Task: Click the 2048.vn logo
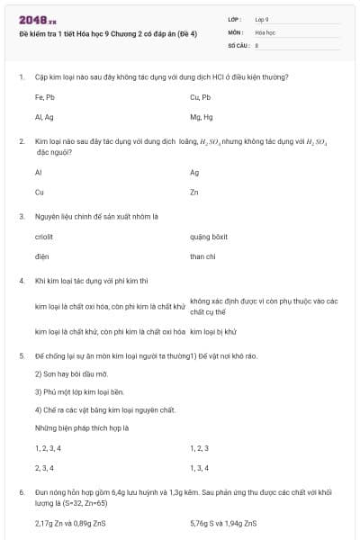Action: coord(37,20)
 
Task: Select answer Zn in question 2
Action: coord(194,192)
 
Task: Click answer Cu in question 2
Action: coord(40,192)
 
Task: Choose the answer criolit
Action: coord(44,237)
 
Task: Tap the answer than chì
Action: coord(202,256)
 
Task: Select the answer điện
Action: coord(41,256)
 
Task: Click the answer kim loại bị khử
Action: coord(213,331)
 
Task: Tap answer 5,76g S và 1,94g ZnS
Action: coord(223,522)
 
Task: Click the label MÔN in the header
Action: coord(236,31)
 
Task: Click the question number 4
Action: coord(21,281)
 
